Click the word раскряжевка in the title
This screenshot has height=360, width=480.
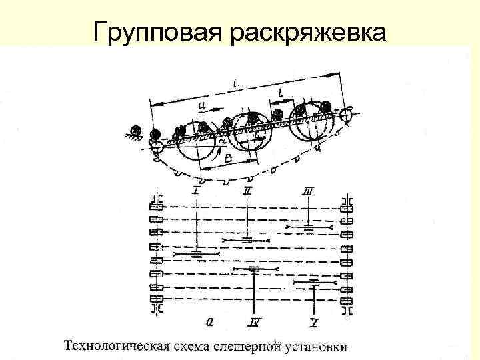(x=307, y=31)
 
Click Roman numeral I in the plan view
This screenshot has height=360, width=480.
(x=196, y=191)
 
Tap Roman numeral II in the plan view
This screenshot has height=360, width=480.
(x=248, y=191)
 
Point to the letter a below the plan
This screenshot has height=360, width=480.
(x=210, y=321)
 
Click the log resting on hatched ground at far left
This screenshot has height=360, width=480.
(x=137, y=129)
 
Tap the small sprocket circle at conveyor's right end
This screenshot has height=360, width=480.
(x=346, y=115)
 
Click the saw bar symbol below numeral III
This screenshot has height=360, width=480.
(x=309, y=228)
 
